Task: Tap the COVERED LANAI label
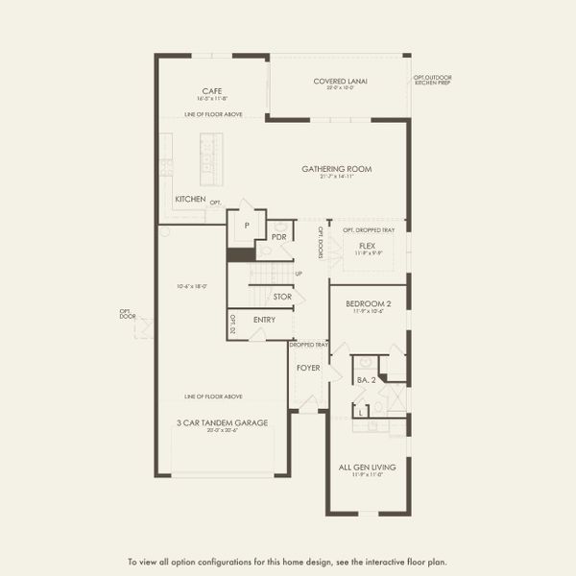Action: coord(334,81)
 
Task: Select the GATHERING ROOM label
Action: coord(336,169)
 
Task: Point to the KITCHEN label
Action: coord(190,199)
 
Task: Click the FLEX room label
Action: coord(367,246)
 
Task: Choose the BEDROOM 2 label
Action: coord(369,303)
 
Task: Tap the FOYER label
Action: coord(307,366)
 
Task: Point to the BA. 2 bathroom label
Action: coord(365,381)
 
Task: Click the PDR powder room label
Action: coord(280,236)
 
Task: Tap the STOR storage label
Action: coord(282,297)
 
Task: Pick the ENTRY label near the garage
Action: coord(265,320)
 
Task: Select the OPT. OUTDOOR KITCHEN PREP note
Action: coord(432,80)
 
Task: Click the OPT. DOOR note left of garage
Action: coord(126,313)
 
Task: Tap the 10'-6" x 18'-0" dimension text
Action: coord(192,285)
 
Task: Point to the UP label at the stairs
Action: coord(299,274)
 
